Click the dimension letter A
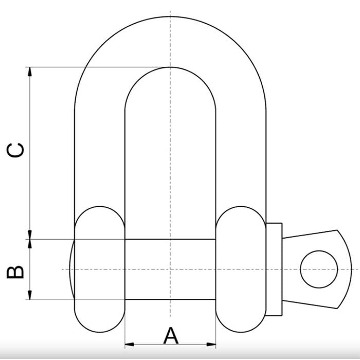click(171, 336)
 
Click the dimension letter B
click(15, 271)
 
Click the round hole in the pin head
click(319, 269)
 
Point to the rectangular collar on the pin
click(274, 269)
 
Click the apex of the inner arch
click(170, 67)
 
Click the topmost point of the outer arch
click(170, 16)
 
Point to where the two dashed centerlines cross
click(170, 269)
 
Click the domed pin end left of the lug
click(72, 269)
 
